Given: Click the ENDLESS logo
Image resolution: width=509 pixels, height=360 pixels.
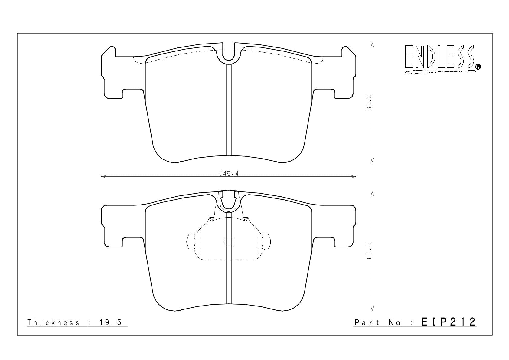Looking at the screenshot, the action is point(442,59).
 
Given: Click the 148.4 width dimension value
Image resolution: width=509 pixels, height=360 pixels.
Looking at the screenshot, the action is point(229,174).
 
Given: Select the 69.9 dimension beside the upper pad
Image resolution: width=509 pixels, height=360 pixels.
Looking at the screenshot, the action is point(369,103).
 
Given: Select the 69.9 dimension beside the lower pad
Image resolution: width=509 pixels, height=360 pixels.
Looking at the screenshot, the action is point(369,251).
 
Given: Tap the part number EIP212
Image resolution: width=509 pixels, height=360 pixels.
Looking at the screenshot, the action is point(448,322).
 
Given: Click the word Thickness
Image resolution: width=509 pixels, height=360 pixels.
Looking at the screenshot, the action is point(53,322).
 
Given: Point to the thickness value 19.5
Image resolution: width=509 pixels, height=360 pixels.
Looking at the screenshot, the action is point(111,322).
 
